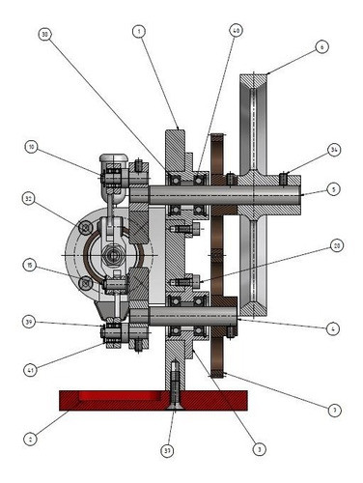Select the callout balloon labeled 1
[x=140, y=32]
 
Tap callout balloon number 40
[x=237, y=31]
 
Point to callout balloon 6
[x=322, y=46]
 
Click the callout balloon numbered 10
[x=31, y=148]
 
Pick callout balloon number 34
[x=334, y=150]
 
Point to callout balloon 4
[x=333, y=328]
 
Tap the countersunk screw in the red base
[x=171, y=386]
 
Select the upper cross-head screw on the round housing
[x=87, y=229]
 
